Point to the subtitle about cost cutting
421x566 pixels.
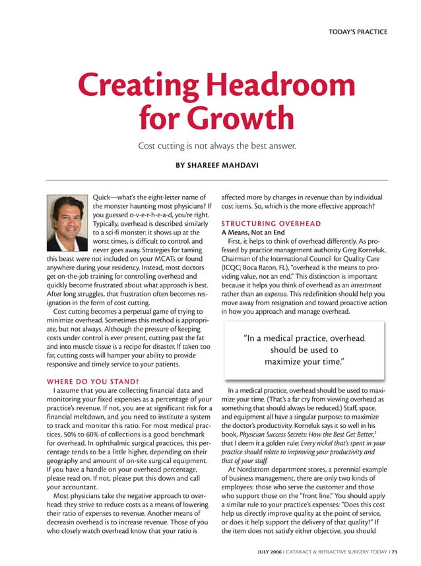tap(216, 145)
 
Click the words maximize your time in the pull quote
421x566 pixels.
tap(304, 362)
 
